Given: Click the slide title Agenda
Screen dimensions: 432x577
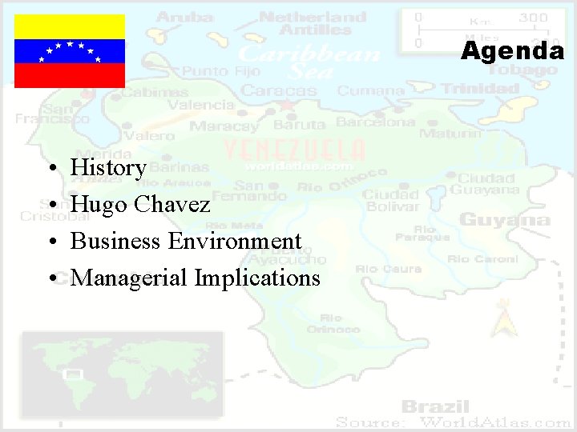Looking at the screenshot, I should (512, 52).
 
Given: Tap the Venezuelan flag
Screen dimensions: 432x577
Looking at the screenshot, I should (70, 51).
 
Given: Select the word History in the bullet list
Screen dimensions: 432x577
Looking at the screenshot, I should (108, 168).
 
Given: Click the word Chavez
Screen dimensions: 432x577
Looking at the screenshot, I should (172, 205).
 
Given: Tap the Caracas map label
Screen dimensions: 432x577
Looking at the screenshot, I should (280, 90).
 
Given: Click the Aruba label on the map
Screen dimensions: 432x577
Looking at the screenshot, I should (185, 17).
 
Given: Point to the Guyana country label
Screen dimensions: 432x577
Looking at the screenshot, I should (504, 219).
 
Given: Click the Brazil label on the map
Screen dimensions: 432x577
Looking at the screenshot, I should (435, 406).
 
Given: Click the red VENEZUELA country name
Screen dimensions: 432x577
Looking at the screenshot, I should (293, 150).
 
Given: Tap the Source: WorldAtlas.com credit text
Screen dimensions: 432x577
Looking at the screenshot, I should (453, 422).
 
